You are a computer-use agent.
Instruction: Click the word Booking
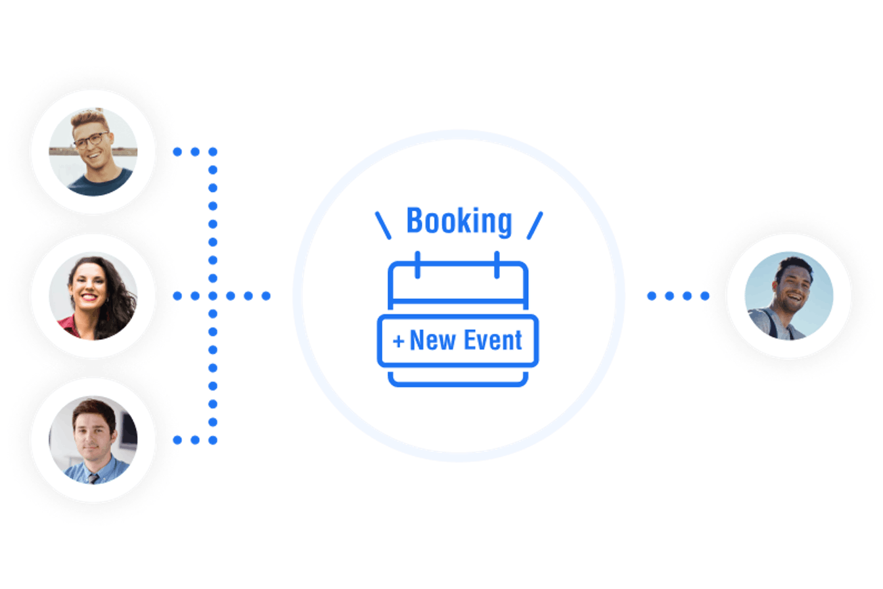pyautogui.click(x=459, y=222)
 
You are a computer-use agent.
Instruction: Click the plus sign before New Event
pyautogui.click(x=398, y=341)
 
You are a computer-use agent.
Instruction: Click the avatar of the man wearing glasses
pyautogui.click(x=93, y=152)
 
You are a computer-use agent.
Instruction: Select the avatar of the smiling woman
pyautogui.click(x=93, y=296)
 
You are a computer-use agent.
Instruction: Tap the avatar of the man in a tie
pyautogui.click(x=93, y=440)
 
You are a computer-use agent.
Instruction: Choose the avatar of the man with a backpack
pyautogui.click(x=789, y=296)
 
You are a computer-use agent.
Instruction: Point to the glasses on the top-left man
pyautogui.click(x=91, y=139)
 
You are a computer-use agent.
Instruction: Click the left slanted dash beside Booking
pyautogui.click(x=382, y=225)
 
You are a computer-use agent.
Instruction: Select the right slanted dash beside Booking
pyautogui.click(x=535, y=225)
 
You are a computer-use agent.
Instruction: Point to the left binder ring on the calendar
pyautogui.click(x=417, y=264)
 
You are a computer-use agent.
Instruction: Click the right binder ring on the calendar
pyautogui.click(x=497, y=264)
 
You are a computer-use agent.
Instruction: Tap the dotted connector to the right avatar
pyautogui.click(x=677, y=296)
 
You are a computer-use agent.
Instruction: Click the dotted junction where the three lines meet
pyautogui.click(x=212, y=296)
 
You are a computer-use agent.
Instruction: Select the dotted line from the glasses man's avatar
pyautogui.click(x=194, y=152)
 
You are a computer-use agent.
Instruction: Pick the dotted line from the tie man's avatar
pyautogui.click(x=194, y=440)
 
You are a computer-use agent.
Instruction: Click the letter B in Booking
pyautogui.click(x=415, y=221)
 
